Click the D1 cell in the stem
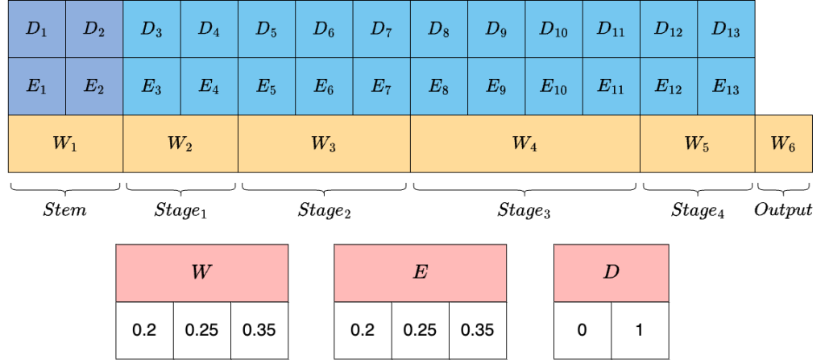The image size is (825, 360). tap(37, 29)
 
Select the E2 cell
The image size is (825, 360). tap(94, 86)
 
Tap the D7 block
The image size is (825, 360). tap(382, 29)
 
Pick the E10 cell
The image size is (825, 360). tap(554, 86)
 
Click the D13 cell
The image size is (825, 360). tap(727, 29)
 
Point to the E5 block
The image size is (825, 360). tap(267, 86)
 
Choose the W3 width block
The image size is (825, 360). tap(325, 143)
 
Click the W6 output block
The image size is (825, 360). tap(784, 143)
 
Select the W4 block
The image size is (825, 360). tap(525, 143)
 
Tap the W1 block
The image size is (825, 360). tap(66, 143)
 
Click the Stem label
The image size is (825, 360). tap(64, 210)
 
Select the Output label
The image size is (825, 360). tap(783, 211)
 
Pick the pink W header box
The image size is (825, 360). tap(202, 273)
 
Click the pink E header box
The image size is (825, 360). tap(421, 273)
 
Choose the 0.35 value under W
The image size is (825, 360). tap(259, 330)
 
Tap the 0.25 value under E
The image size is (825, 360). tap(421, 330)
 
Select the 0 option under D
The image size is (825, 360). tap(582, 330)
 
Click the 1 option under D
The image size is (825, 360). tap(641, 330)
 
